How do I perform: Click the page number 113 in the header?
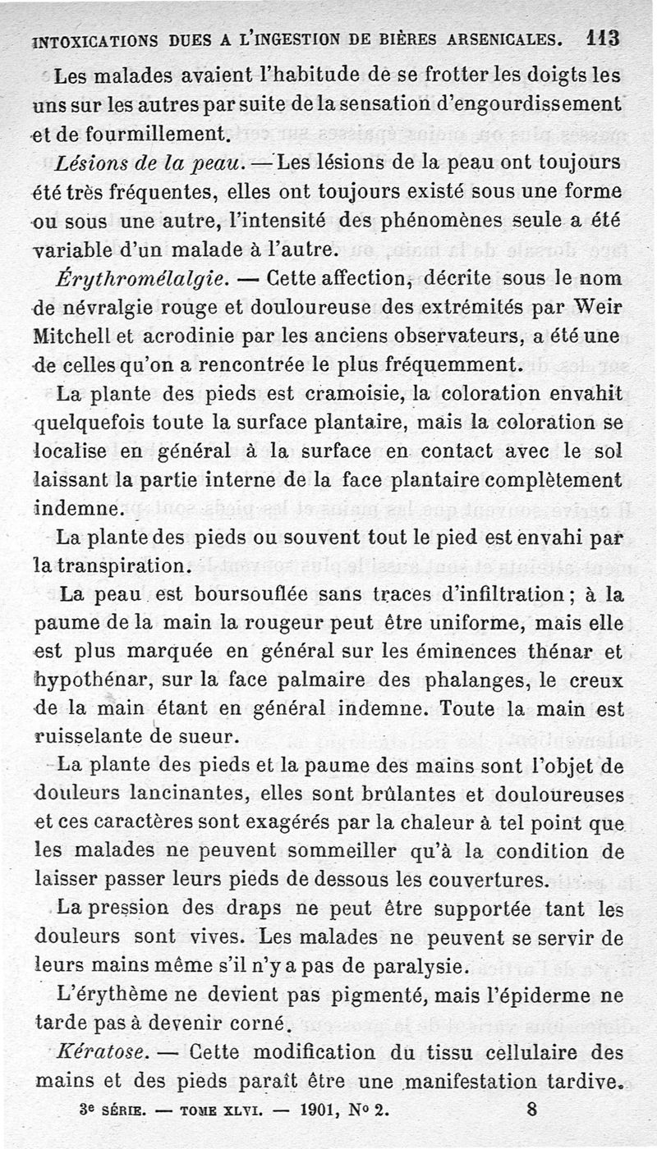602,39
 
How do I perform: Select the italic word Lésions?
87,162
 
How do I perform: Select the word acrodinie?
186,336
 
